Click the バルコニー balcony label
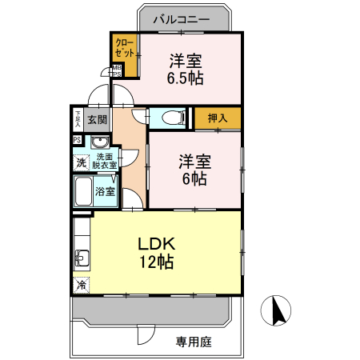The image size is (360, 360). (x=183, y=18)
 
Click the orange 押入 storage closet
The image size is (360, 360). (x=218, y=118)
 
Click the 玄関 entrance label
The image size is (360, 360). (x=98, y=120)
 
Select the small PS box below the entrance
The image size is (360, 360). (x=78, y=139)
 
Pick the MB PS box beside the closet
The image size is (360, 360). (x=117, y=71)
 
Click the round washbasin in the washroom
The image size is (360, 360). (x=101, y=143)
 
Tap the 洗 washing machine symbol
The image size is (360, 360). (x=81, y=163)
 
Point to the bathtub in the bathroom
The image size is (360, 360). (x=82, y=191)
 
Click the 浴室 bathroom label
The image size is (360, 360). (x=105, y=192)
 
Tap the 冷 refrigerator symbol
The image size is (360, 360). (x=81, y=285)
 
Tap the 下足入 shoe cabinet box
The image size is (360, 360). (x=78, y=119)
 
